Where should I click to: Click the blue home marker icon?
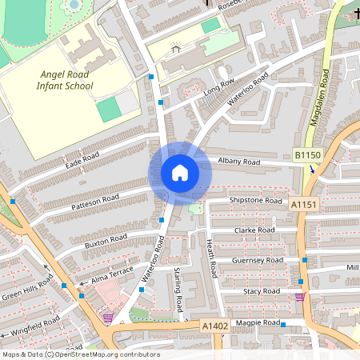click(179, 172)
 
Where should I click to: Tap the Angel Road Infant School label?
click(66, 80)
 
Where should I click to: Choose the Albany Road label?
click(239, 162)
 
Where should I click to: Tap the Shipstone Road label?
click(256, 200)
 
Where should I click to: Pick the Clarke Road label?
click(254, 230)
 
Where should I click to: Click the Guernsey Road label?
click(257, 261)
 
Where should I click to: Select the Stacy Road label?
click(262, 291)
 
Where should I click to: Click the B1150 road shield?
click(306, 154)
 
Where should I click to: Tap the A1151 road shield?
click(304, 206)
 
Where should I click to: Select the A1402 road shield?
click(214, 326)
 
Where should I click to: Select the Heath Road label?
click(211, 258)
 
